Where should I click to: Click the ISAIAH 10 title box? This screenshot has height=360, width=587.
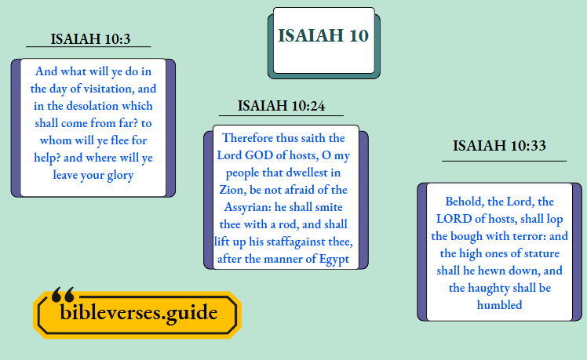pyautogui.click(x=323, y=37)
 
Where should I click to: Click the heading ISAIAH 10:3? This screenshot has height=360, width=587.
pyautogui.click(x=90, y=38)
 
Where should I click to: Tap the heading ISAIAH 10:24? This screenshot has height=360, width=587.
pyautogui.click(x=281, y=106)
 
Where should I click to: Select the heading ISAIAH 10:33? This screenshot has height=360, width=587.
pyautogui.click(x=499, y=145)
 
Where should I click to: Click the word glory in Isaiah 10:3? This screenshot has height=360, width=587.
pyautogui.click(x=117, y=174)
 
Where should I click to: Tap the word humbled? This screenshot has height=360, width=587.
pyautogui.click(x=499, y=304)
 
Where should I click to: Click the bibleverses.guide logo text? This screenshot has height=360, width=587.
pyautogui.click(x=139, y=312)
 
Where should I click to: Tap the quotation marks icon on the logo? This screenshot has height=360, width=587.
pyautogui.click(x=63, y=294)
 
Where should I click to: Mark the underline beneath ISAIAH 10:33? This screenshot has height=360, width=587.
pyautogui.click(x=504, y=161)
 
